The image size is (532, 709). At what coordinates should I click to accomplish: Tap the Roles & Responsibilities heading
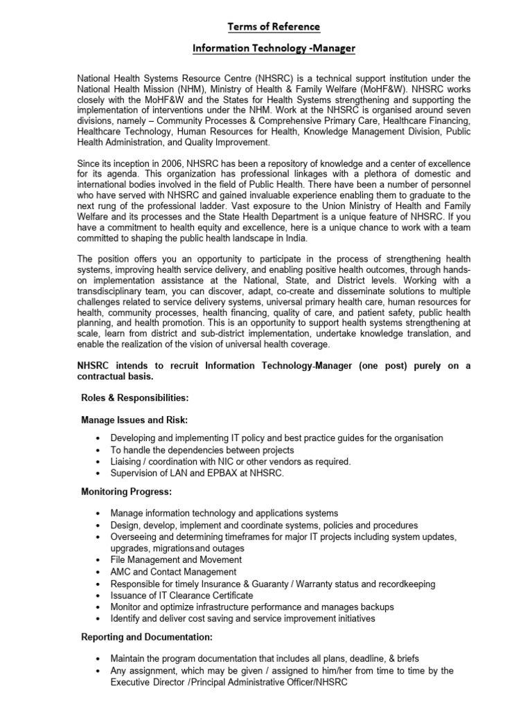(x=134, y=399)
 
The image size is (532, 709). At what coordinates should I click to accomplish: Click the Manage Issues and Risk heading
(x=134, y=420)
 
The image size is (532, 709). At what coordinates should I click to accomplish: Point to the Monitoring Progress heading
(x=126, y=492)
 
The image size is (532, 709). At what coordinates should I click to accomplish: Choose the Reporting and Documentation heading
(x=147, y=637)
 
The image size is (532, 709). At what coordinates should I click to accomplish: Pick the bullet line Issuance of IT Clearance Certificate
(x=181, y=595)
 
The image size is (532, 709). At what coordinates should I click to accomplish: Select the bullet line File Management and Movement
(x=176, y=559)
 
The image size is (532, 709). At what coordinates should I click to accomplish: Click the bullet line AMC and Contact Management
(x=173, y=572)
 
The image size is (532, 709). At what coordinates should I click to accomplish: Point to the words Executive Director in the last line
(x=144, y=682)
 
